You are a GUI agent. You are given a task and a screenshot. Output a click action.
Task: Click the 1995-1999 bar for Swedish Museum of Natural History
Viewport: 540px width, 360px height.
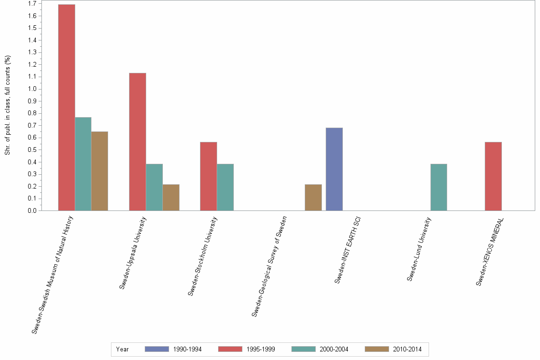point(66,107)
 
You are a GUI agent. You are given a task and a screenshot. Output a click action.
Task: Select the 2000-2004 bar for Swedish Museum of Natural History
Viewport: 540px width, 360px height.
point(83,164)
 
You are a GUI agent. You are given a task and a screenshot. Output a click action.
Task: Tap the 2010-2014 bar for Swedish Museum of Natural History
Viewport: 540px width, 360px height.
point(100,171)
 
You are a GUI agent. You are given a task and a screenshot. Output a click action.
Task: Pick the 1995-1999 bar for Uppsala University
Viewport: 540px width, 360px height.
point(138,141)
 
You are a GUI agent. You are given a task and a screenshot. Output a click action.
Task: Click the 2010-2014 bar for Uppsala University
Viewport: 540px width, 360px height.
point(171,197)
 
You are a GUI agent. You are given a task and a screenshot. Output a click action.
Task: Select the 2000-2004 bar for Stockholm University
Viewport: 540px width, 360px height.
point(225,187)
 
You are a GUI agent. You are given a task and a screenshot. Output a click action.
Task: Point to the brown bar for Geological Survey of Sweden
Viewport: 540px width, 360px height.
point(313,197)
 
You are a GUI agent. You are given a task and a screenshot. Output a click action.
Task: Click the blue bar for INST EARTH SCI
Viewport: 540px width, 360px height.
point(334,169)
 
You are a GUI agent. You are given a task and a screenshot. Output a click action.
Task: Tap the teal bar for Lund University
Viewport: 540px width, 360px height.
point(439,187)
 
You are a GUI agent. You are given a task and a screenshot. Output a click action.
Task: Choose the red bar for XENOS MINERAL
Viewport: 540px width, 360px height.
point(493,176)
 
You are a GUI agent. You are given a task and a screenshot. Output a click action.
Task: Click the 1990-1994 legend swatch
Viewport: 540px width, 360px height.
point(157,349)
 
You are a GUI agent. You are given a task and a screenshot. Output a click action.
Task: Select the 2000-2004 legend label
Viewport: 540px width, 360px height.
point(334,349)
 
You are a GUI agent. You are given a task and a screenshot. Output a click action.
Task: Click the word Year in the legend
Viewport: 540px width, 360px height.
point(122,349)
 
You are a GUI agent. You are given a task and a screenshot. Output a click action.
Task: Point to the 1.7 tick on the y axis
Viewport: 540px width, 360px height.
point(32,4)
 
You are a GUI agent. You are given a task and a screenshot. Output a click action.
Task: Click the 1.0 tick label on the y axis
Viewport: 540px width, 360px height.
point(32,89)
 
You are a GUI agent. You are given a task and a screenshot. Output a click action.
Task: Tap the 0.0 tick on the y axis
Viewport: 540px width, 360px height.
point(32,210)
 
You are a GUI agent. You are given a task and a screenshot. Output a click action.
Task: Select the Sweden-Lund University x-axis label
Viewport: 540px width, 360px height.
point(419,249)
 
